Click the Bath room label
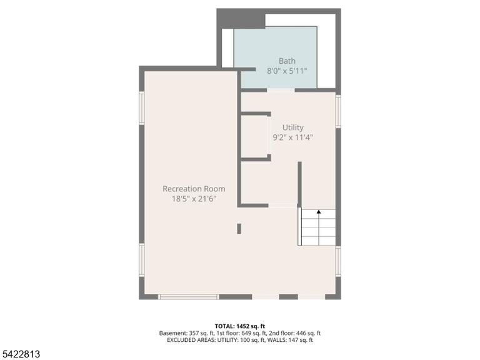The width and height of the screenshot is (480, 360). (287, 61)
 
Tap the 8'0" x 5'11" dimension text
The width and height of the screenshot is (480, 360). (287, 71)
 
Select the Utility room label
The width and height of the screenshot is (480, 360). (292, 127)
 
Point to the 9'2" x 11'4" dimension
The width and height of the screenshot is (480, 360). (292, 137)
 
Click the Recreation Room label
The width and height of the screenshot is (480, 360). (194, 189)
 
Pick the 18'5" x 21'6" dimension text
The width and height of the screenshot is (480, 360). (194, 199)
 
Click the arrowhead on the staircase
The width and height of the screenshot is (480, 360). (319, 211)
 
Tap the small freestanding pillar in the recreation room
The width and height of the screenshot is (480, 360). (239, 229)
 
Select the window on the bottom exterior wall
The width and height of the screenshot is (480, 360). (189, 297)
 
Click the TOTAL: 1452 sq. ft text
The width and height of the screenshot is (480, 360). (240, 326)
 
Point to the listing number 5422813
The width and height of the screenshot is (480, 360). (20, 354)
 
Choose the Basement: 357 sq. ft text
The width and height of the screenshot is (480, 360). (186, 333)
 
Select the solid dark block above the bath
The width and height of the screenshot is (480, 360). (241, 19)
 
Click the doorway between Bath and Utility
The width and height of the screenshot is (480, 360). (281, 90)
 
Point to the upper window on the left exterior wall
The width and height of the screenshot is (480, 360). (142, 108)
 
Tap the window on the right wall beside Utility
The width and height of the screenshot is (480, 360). (338, 111)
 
